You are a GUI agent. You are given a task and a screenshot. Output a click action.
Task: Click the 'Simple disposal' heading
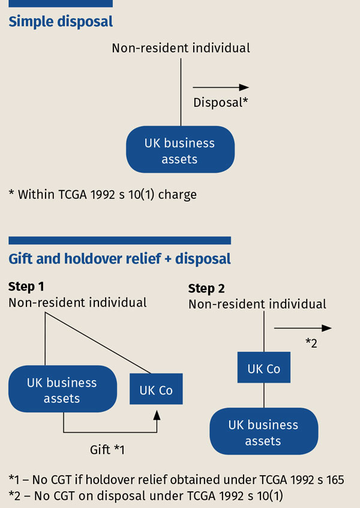click(61, 22)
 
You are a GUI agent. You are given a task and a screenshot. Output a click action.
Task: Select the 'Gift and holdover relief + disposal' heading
click(119, 259)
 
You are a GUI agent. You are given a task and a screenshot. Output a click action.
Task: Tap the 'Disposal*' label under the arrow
click(220, 103)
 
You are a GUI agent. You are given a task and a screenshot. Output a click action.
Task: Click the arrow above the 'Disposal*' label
click(221, 88)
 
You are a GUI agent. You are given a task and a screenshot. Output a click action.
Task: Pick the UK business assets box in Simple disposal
click(179, 151)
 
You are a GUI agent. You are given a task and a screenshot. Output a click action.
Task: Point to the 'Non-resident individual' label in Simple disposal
click(181, 47)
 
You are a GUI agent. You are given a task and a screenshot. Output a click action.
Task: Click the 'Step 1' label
click(26, 286)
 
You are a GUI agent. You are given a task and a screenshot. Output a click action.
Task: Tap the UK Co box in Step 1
click(156, 390)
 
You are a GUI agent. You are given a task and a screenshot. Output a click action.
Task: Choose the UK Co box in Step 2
click(264, 369)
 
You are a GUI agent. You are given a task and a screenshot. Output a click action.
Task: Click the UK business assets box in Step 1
click(62, 390)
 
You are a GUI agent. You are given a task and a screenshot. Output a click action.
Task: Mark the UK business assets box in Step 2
click(263, 432)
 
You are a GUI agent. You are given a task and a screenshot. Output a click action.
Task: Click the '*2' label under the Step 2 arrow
click(311, 343)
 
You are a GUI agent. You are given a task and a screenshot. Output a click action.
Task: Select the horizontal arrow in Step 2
click(302, 328)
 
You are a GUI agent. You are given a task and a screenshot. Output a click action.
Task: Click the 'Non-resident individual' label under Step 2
click(257, 304)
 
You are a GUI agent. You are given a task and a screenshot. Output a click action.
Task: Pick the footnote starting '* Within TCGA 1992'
click(103, 195)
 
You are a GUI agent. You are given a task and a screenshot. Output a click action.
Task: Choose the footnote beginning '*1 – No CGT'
click(176, 479)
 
